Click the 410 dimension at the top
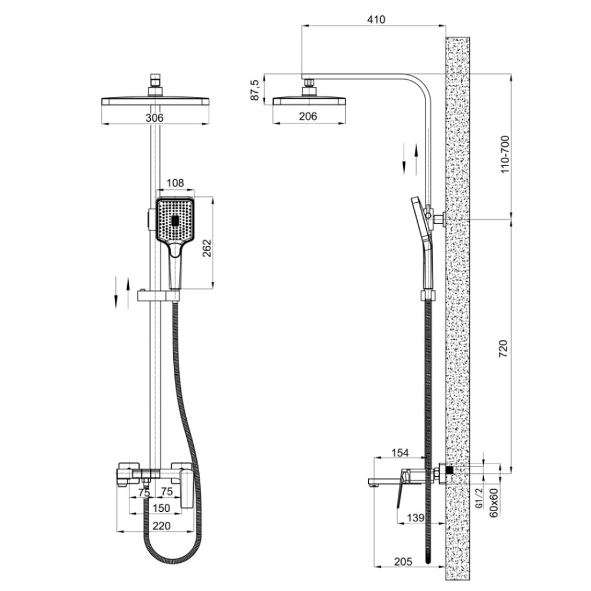coord(376,20)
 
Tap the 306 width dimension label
coord(154,118)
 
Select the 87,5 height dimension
coord(255,90)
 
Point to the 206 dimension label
coord(308,116)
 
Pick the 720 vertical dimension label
coord(504,349)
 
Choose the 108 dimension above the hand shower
coord(176,183)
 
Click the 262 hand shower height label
coord(207,248)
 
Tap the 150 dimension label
coord(161,508)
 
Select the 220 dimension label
coord(161,525)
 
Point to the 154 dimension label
coord(400,453)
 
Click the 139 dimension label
coord(415,518)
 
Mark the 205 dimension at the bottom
coord(403,561)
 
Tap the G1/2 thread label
coord(479,498)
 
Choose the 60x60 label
coord(493,502)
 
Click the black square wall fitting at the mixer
coord(449,470)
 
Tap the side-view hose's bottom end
coord(428,561)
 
